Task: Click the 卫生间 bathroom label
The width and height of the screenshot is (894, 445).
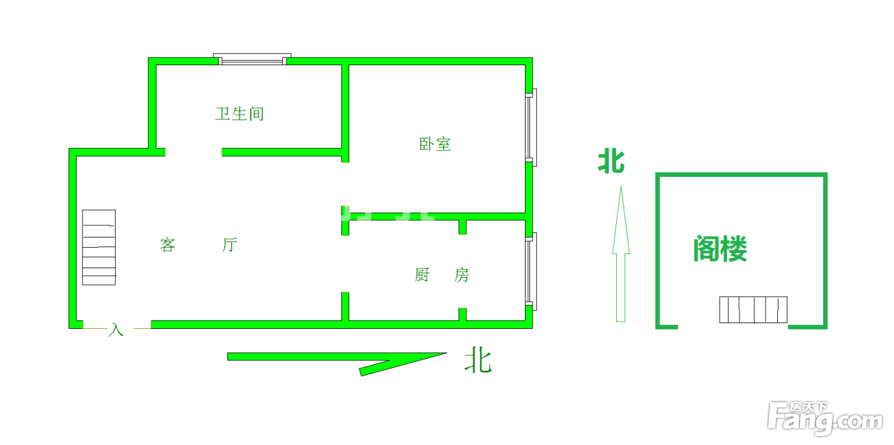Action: point(239,114)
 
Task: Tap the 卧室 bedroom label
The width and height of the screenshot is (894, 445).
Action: point(435,144)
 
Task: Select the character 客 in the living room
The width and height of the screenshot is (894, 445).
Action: point(167,245)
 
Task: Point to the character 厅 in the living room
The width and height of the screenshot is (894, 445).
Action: point(230,245)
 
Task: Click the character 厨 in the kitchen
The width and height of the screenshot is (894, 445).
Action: point(422,275)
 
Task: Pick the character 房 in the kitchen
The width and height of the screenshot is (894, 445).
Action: point(461,275)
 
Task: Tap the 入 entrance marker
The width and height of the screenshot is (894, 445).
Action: point(116,329)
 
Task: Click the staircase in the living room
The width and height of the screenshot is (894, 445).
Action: point(99,248)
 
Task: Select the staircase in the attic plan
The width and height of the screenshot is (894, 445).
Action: point(753,310)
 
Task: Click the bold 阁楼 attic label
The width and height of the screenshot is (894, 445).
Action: point(720,248)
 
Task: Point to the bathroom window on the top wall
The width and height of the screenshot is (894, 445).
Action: point(252,59)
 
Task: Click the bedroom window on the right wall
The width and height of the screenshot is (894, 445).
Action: point(531,127)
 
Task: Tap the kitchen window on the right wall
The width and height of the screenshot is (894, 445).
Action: point(531,271)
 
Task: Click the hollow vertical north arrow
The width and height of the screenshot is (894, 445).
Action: point(621,254)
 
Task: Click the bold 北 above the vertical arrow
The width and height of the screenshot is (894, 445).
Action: point(611,162)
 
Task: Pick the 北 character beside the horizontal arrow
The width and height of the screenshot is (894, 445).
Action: point(478,360)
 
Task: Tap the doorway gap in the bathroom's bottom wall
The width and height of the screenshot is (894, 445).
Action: point(193,152)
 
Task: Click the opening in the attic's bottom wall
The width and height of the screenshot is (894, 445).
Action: point(733,327)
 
